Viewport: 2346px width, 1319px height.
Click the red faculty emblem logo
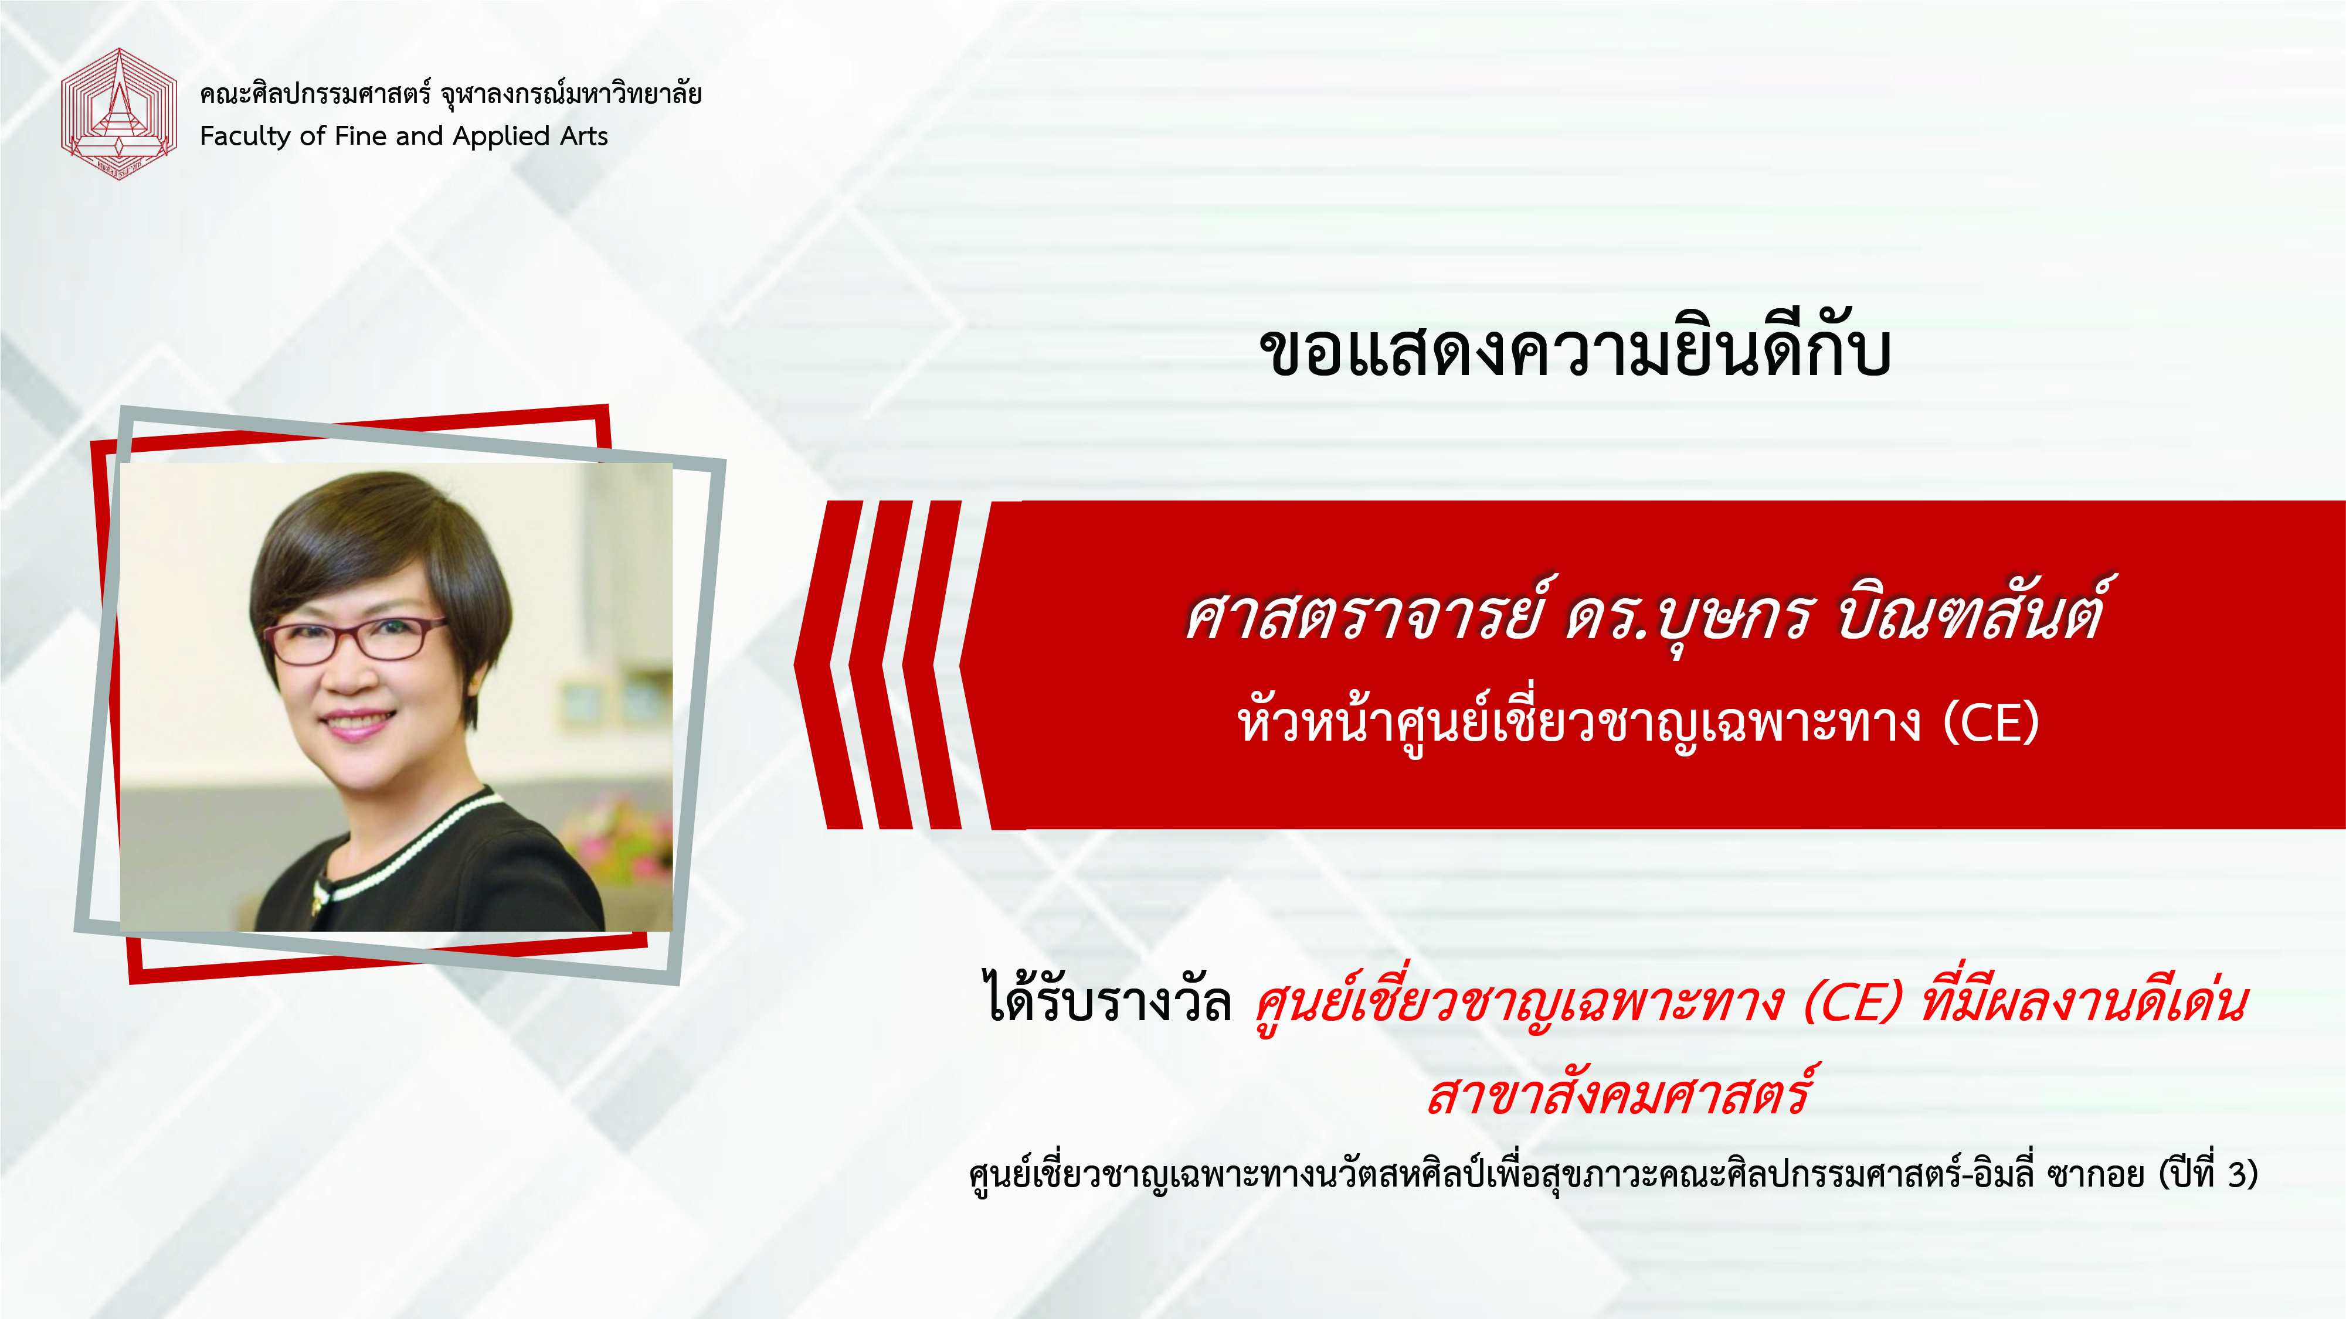[118, 114]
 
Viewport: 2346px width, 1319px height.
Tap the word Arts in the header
[584, 137]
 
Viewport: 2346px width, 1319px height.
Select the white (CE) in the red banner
[1991, 724]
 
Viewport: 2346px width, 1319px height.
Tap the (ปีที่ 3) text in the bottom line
[2208, 1174]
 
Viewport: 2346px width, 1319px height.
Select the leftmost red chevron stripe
[828, 664]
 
